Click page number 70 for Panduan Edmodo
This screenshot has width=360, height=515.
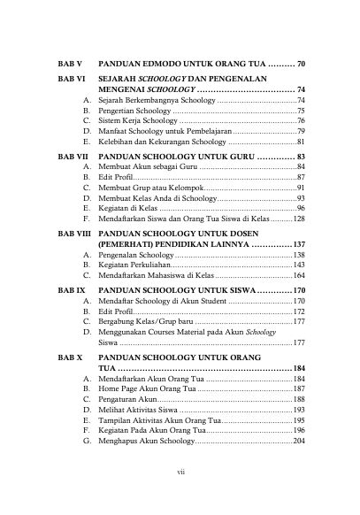pyautogui.click(x=301, y=65)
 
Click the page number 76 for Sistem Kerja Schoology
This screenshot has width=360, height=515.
pyautogui.click(x=301, y=120)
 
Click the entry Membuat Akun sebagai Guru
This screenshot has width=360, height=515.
pyautogui.click(x=146, y=166)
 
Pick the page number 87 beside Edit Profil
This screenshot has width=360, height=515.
pyautogui.click(x=301, y=177)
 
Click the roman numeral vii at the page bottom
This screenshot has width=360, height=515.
pyautogui.click(x=180, y=473)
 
